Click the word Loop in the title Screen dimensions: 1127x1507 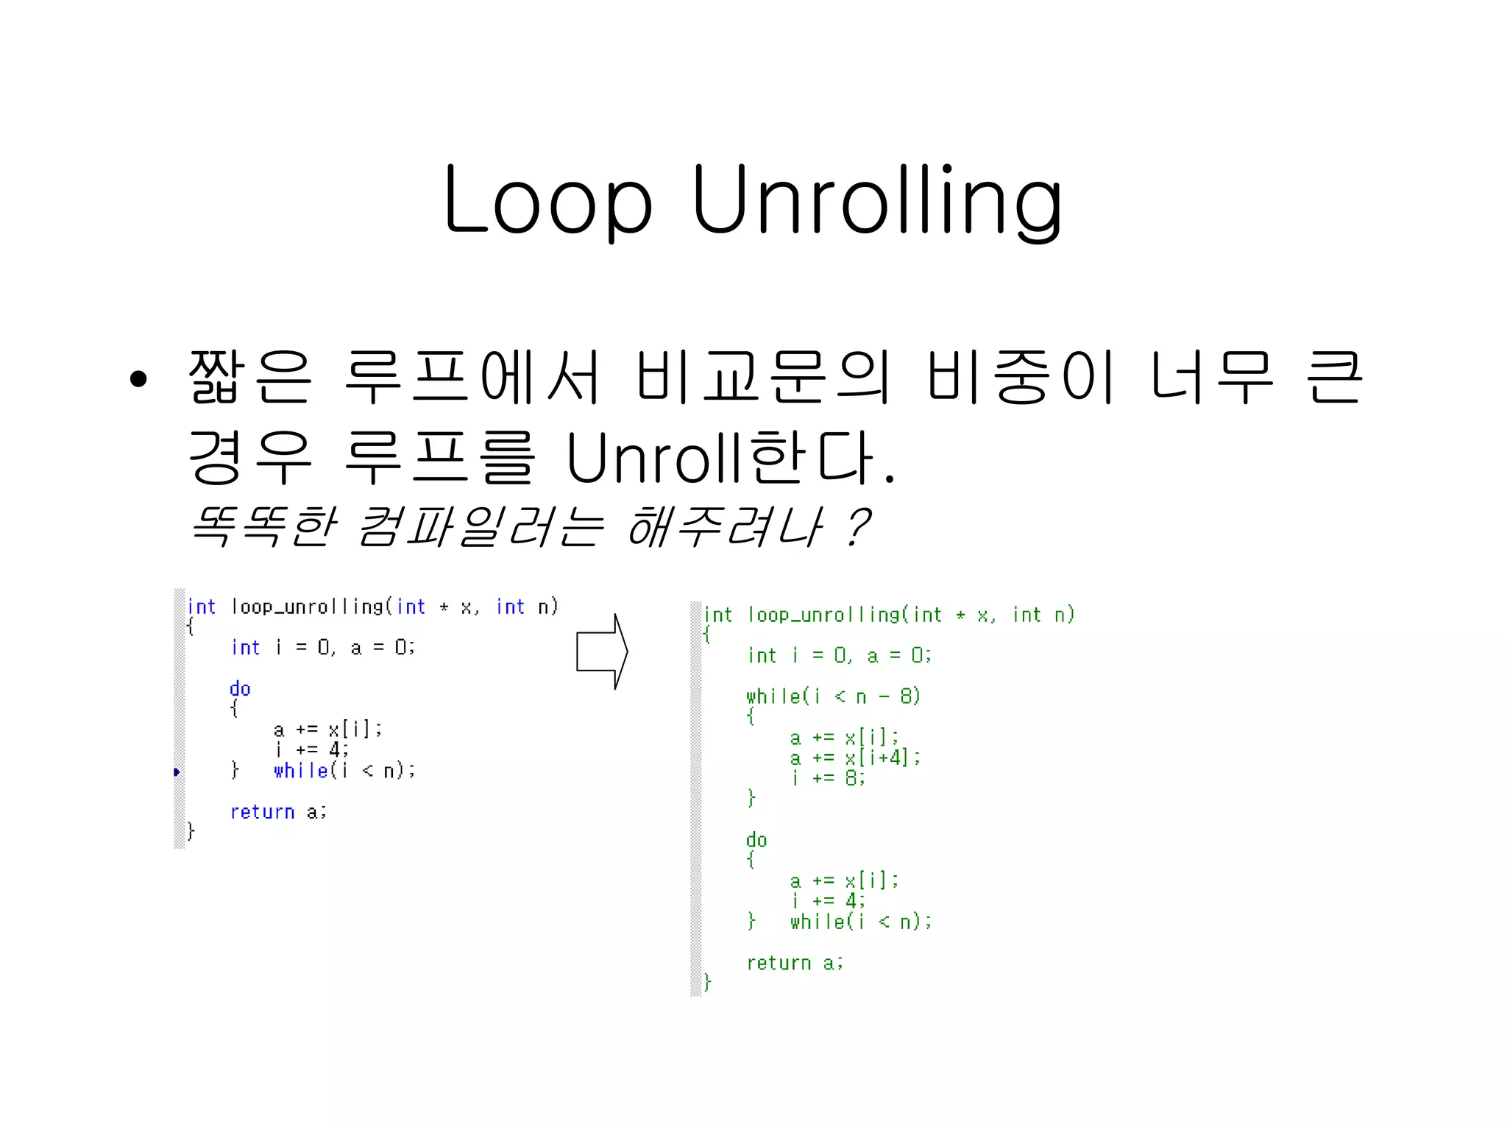coord(548,200)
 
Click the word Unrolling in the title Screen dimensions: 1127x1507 coord(877,200)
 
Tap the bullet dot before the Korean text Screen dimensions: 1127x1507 coord(138,380)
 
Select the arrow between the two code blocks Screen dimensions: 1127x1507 coord(601,652)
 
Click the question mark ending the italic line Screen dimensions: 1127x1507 coord(857,526)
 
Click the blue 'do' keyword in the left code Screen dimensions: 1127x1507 coord(240,689)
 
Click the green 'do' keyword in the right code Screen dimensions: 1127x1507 coord(756,840)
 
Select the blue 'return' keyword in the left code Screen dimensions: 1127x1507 coord(262,812)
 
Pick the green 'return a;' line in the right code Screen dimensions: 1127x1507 coord(795,963)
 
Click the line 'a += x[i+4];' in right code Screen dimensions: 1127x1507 coord(855,757)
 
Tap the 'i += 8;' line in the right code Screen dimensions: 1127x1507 coord(829,778)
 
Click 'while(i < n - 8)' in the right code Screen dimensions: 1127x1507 coord(833,696)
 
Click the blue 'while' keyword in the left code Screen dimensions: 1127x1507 coord(300,771)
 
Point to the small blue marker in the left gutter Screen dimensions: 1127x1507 coord(177,771)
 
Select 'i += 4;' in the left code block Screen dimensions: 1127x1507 coord(312,750)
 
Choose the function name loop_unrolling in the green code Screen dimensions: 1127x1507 coord(824,615)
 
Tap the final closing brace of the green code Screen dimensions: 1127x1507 coord(707,983)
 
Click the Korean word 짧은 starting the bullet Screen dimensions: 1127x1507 coord(250,377)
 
